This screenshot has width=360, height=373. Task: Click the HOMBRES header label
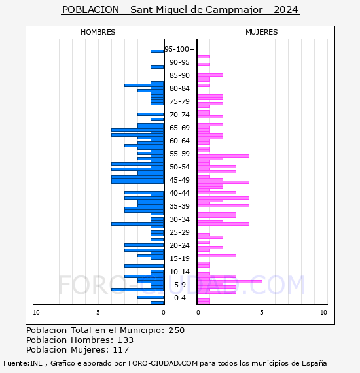(x=98, y=32)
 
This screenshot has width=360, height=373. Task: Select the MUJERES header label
(x=262, y=32)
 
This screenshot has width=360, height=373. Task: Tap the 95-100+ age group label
(x=179, y=49)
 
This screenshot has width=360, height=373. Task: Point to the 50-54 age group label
(x=179, y=167)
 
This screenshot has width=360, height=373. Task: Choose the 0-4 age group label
(x=179, y=298)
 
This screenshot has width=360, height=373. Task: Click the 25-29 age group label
(x=179, y=232)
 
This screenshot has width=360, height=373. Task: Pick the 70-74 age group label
(x=179, y=115)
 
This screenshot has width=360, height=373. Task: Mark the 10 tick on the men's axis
(x=36, y=313)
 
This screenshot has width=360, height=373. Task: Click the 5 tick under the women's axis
(x=262, y=313)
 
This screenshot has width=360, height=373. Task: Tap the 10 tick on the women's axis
(x=323, y=313)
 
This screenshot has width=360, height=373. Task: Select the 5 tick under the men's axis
(x=98, y=313)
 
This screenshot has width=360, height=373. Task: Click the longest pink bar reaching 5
(x=230, y=281)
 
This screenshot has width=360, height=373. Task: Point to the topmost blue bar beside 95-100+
(x=157, y=52)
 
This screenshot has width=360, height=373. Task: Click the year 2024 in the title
(x=286, y=10)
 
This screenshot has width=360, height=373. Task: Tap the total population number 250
(x=176, y=330)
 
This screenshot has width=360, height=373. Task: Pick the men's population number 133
(x=126, y=340)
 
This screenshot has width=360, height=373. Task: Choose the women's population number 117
(x=121, y=349)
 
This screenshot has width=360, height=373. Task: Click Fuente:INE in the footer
(x=23, y=363)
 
